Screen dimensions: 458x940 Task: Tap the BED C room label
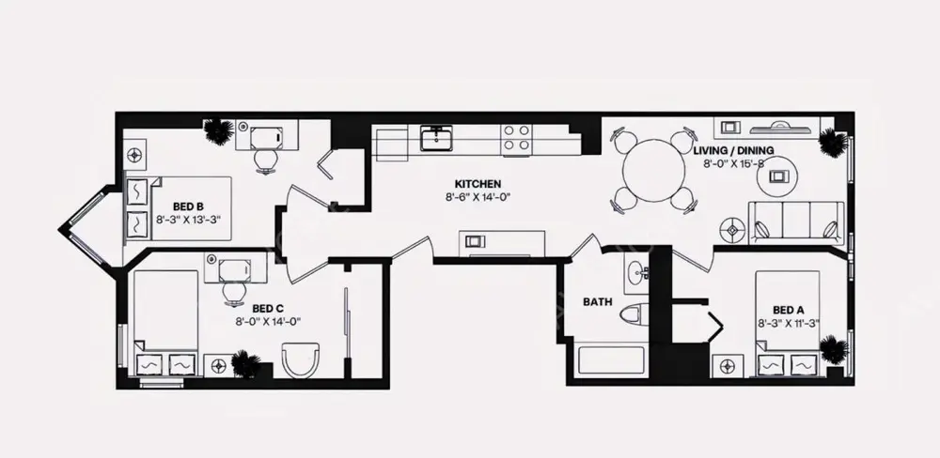coord(268,308)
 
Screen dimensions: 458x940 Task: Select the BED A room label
coord(788,310)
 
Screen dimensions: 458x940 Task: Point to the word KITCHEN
coord(478,184)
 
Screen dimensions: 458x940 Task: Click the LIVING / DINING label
coord(733,150)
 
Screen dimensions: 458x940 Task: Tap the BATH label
coord(598,302)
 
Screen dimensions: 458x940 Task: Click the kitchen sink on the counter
coord(437,140)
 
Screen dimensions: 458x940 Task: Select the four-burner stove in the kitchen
coord(515,139)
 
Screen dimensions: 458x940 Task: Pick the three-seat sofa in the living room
coord(795,221)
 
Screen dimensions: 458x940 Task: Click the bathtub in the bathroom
coord(610,362)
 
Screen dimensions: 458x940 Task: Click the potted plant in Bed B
coord(219,131)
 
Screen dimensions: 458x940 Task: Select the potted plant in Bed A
coord(833,350)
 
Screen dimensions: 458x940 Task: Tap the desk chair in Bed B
coord(266,160)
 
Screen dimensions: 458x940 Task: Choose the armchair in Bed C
coord(301,359)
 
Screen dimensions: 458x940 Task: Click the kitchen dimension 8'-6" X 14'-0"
coord(478,198)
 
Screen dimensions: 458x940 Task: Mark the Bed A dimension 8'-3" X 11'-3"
coord(788,324)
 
